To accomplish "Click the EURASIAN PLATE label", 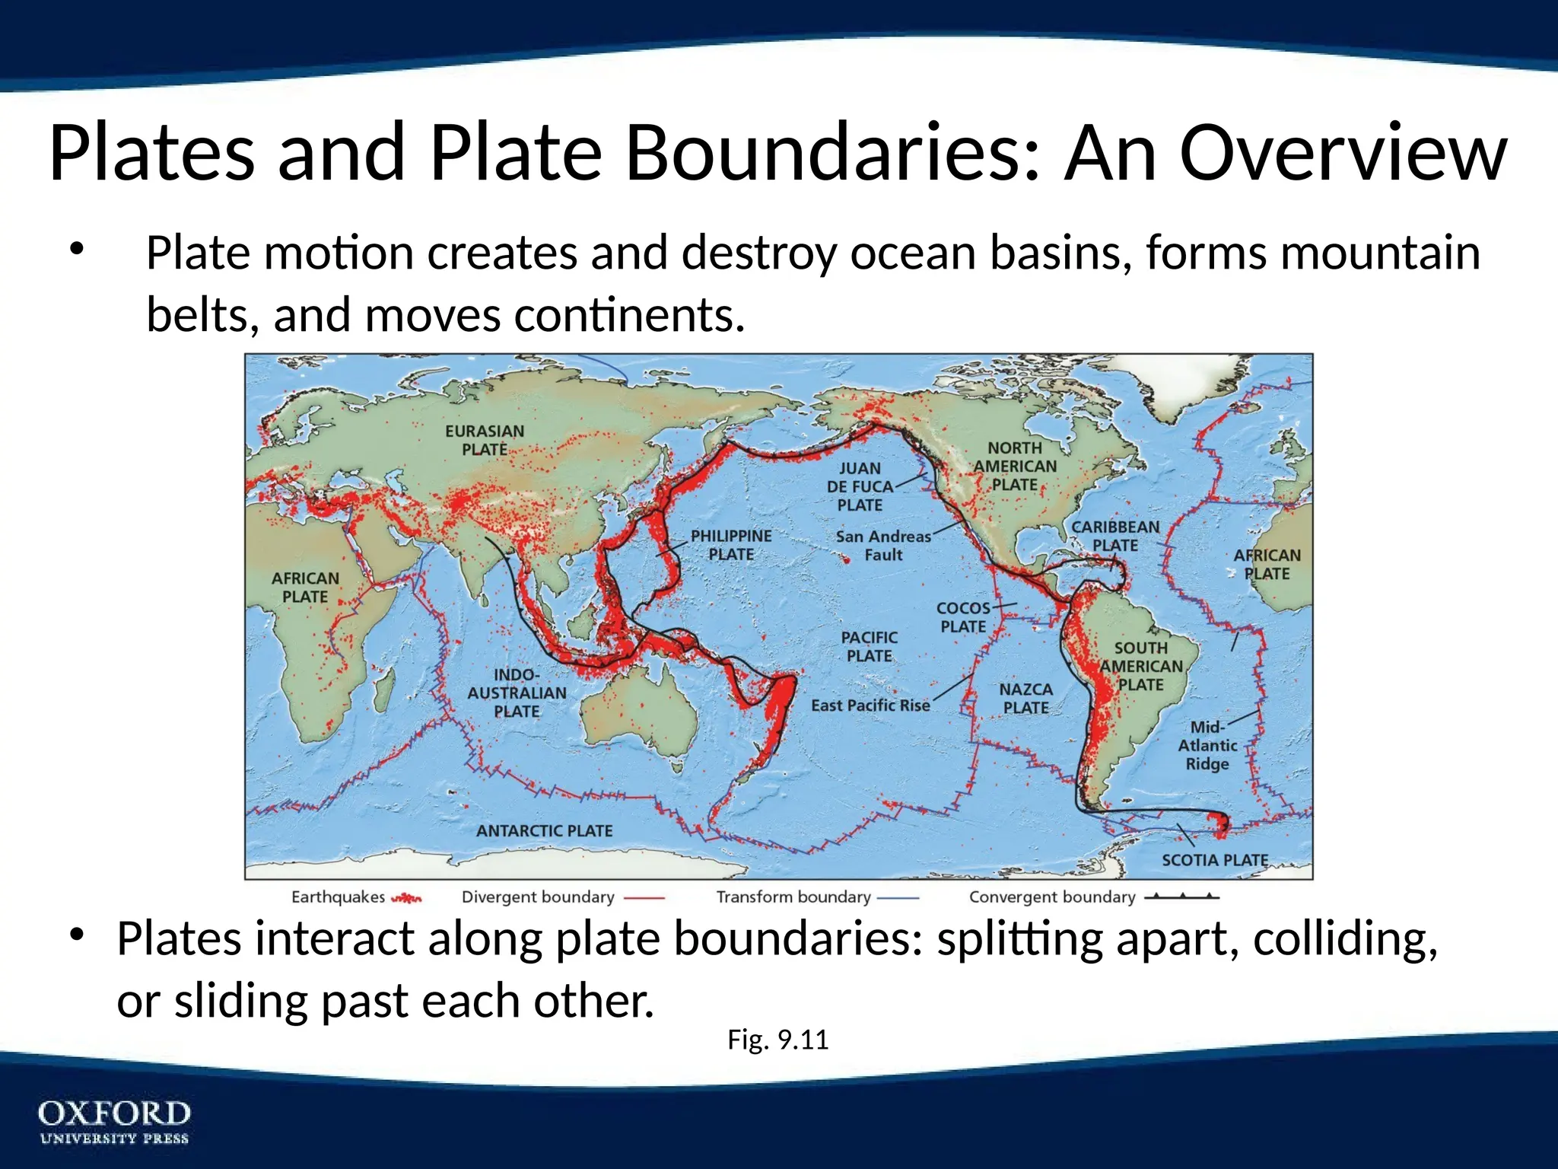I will click(485, 441).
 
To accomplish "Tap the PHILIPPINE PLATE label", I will click(731, 546).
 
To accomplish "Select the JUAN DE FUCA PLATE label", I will click(860, 487).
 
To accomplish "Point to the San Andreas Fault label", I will click(883, 546).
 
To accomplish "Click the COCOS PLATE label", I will click(963, 617).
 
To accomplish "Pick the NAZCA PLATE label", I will click(1025, 699).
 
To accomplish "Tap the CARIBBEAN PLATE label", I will click(1115, 536).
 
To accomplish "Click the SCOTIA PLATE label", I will click(1215, 860).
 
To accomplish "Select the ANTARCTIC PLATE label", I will click(544, 831).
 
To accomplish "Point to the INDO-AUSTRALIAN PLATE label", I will click(517, 693).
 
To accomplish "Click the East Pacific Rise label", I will click(870, 706).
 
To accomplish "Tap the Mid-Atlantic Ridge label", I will click(1207, 746).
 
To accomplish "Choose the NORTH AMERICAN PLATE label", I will click(1015, 467).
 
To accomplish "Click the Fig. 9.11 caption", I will click(777, 1040).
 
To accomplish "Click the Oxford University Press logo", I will click(114, 1121).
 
